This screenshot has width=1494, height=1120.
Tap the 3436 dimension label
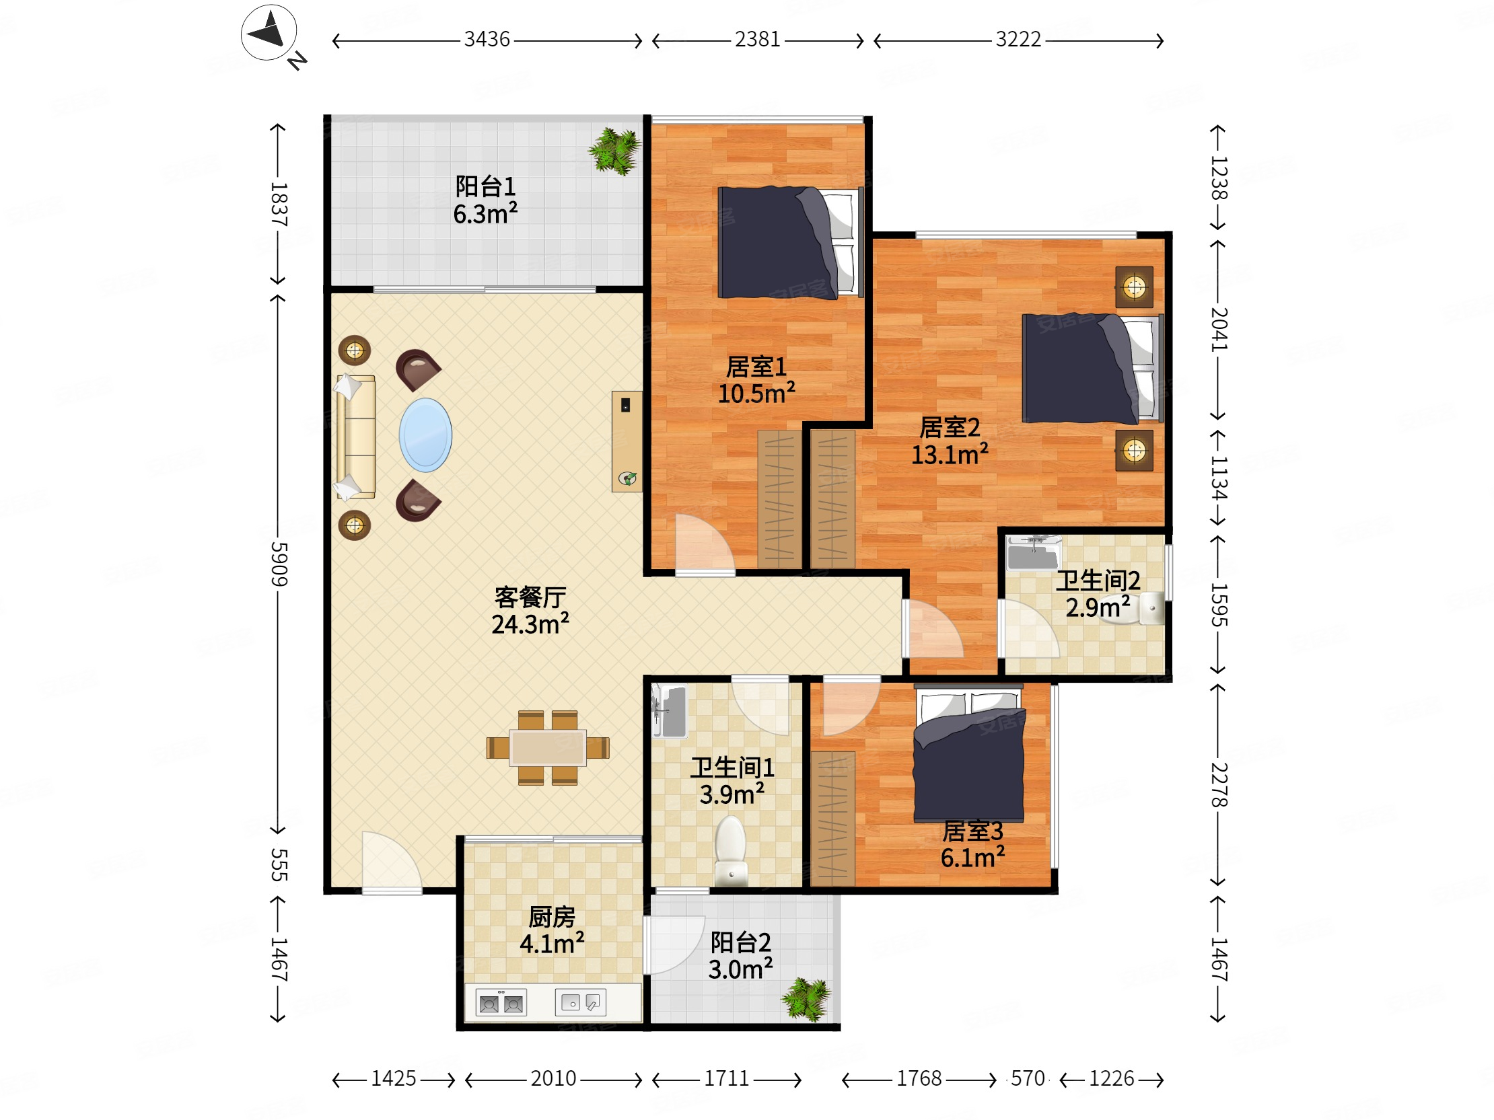[487, 40]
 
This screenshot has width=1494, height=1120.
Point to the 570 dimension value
[1028, 1078]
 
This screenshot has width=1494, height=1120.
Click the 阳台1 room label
[485, 186]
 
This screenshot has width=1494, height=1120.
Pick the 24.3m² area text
[530, 624]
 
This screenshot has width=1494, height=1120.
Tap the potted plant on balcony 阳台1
[614, 151]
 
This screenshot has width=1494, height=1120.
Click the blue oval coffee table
[425, 435]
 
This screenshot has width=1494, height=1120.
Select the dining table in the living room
[548, 747]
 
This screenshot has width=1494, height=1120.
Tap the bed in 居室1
[790, 242]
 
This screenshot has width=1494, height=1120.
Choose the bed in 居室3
[969, 753]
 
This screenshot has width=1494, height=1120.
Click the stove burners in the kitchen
[501, 1003]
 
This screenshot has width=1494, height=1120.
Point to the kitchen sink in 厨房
[580, 1002]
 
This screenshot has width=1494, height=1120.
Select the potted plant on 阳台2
[806, 999]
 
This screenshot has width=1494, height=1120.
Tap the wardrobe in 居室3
[832, 818]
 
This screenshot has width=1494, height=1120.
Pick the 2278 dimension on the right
[1218, 784]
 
